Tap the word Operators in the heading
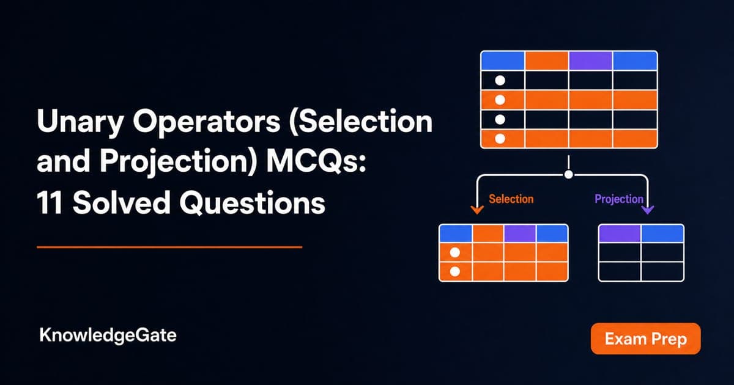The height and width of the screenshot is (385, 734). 207,122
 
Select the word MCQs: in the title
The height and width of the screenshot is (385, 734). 316,161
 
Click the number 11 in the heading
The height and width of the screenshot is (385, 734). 50,203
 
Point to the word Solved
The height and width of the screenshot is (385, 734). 121,203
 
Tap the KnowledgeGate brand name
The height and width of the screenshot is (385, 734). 108,335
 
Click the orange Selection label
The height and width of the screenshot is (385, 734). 511,199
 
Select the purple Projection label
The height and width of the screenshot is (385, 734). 619,199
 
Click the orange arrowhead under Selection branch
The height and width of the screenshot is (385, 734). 477,210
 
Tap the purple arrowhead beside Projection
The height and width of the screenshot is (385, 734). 648,210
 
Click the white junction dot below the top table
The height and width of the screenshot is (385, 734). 569,175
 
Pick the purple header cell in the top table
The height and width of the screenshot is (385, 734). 591,61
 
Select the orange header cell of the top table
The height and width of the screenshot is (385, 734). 547,61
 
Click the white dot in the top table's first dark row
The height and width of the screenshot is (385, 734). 500,81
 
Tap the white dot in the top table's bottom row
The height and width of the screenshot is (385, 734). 500,139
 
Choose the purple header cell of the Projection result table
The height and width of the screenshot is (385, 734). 619,233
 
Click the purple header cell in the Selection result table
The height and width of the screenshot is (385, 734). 520,233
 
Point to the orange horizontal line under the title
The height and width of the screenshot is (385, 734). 169,247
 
